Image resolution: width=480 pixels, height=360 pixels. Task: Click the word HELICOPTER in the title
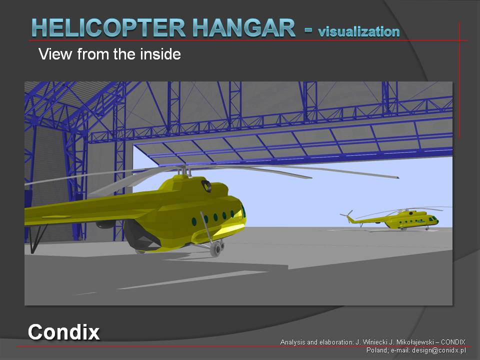pos(108,27)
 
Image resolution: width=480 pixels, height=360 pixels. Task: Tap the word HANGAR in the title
pos(244,27)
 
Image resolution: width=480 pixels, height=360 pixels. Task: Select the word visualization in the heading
pos(359,31)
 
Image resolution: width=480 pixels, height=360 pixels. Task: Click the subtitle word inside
pos(160,54)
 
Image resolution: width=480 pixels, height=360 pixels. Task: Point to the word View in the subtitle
pos(55,54)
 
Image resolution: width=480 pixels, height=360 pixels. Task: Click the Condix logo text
pos(63,332)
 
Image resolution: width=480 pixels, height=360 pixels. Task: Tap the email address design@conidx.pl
pos(439,350)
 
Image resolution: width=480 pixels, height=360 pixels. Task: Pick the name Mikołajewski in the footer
pos(414,342)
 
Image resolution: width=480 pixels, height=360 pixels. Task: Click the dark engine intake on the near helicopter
pos(206,186)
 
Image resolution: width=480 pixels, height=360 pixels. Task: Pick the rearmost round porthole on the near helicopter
pos(194,221)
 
